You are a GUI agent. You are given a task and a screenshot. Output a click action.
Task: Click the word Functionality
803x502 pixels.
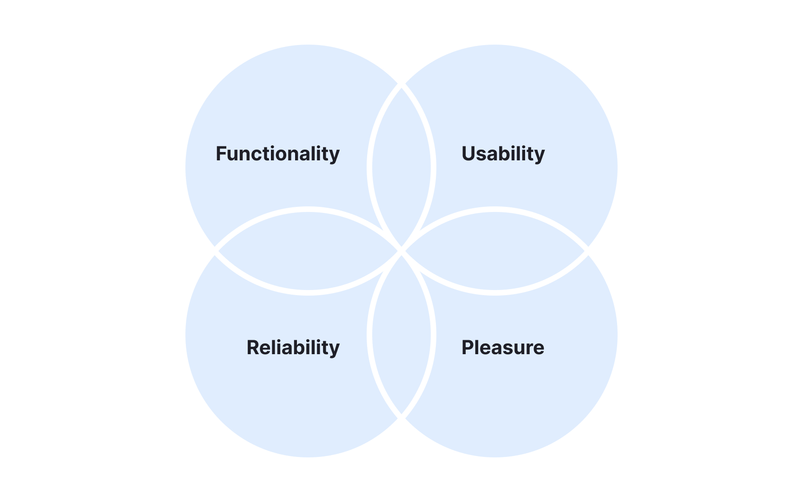[277, 154]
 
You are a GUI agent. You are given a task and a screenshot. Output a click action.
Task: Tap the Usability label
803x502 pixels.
[503, 154]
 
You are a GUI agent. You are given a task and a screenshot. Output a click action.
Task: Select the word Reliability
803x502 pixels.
[293, 348]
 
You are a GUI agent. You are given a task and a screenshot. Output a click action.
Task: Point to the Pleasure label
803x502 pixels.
[502, 348]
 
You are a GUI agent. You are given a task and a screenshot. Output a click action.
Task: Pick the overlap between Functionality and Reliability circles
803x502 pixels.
[308, 251]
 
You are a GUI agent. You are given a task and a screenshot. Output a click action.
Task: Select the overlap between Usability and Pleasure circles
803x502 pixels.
[495, 251]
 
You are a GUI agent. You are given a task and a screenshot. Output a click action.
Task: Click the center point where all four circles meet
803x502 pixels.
[401, 251]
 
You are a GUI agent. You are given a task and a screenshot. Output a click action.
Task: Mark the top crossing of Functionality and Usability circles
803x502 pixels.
[401, 85]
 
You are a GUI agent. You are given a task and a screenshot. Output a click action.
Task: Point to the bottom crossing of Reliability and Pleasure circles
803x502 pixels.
[401, 417]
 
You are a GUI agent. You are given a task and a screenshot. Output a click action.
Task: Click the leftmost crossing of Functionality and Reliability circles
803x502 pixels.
[216, 251]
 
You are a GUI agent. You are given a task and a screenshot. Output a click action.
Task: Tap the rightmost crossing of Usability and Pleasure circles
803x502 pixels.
[587, 251]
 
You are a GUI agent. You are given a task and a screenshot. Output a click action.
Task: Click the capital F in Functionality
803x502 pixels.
[221, 154]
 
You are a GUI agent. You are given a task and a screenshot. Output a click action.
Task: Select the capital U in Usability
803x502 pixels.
[468, 154]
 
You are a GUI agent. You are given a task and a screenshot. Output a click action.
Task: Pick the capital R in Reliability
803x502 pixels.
[253, 348]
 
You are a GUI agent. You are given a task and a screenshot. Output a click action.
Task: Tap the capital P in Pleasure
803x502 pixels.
[467, 348]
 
